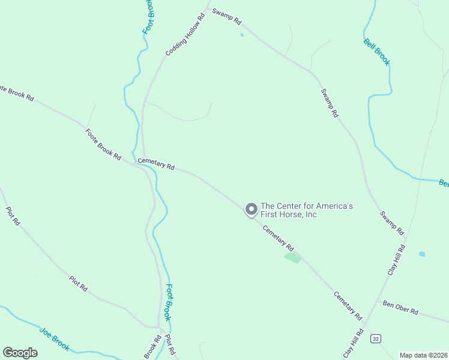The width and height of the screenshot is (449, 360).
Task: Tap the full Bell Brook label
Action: click(377, 52)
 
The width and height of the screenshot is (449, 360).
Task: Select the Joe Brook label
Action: click(55, 339)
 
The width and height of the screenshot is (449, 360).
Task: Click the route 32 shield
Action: click(375, 339)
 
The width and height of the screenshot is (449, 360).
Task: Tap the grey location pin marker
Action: click(251, 209)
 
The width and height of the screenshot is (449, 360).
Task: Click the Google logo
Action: click(20, 352)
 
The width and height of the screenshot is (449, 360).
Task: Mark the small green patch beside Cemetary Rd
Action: click(292, 258)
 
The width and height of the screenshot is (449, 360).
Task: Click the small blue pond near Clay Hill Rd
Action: click(422, 254)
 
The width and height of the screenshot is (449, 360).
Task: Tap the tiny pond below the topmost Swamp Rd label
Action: click(242, 35)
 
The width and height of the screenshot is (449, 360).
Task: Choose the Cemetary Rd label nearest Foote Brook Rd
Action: click(156, 164)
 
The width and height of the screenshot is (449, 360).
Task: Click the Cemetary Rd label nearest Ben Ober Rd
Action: click(348, 305)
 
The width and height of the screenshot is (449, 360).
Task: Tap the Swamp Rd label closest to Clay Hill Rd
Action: click(392, 223)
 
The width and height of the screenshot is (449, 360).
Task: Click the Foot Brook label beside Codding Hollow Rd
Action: click(148, 17)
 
